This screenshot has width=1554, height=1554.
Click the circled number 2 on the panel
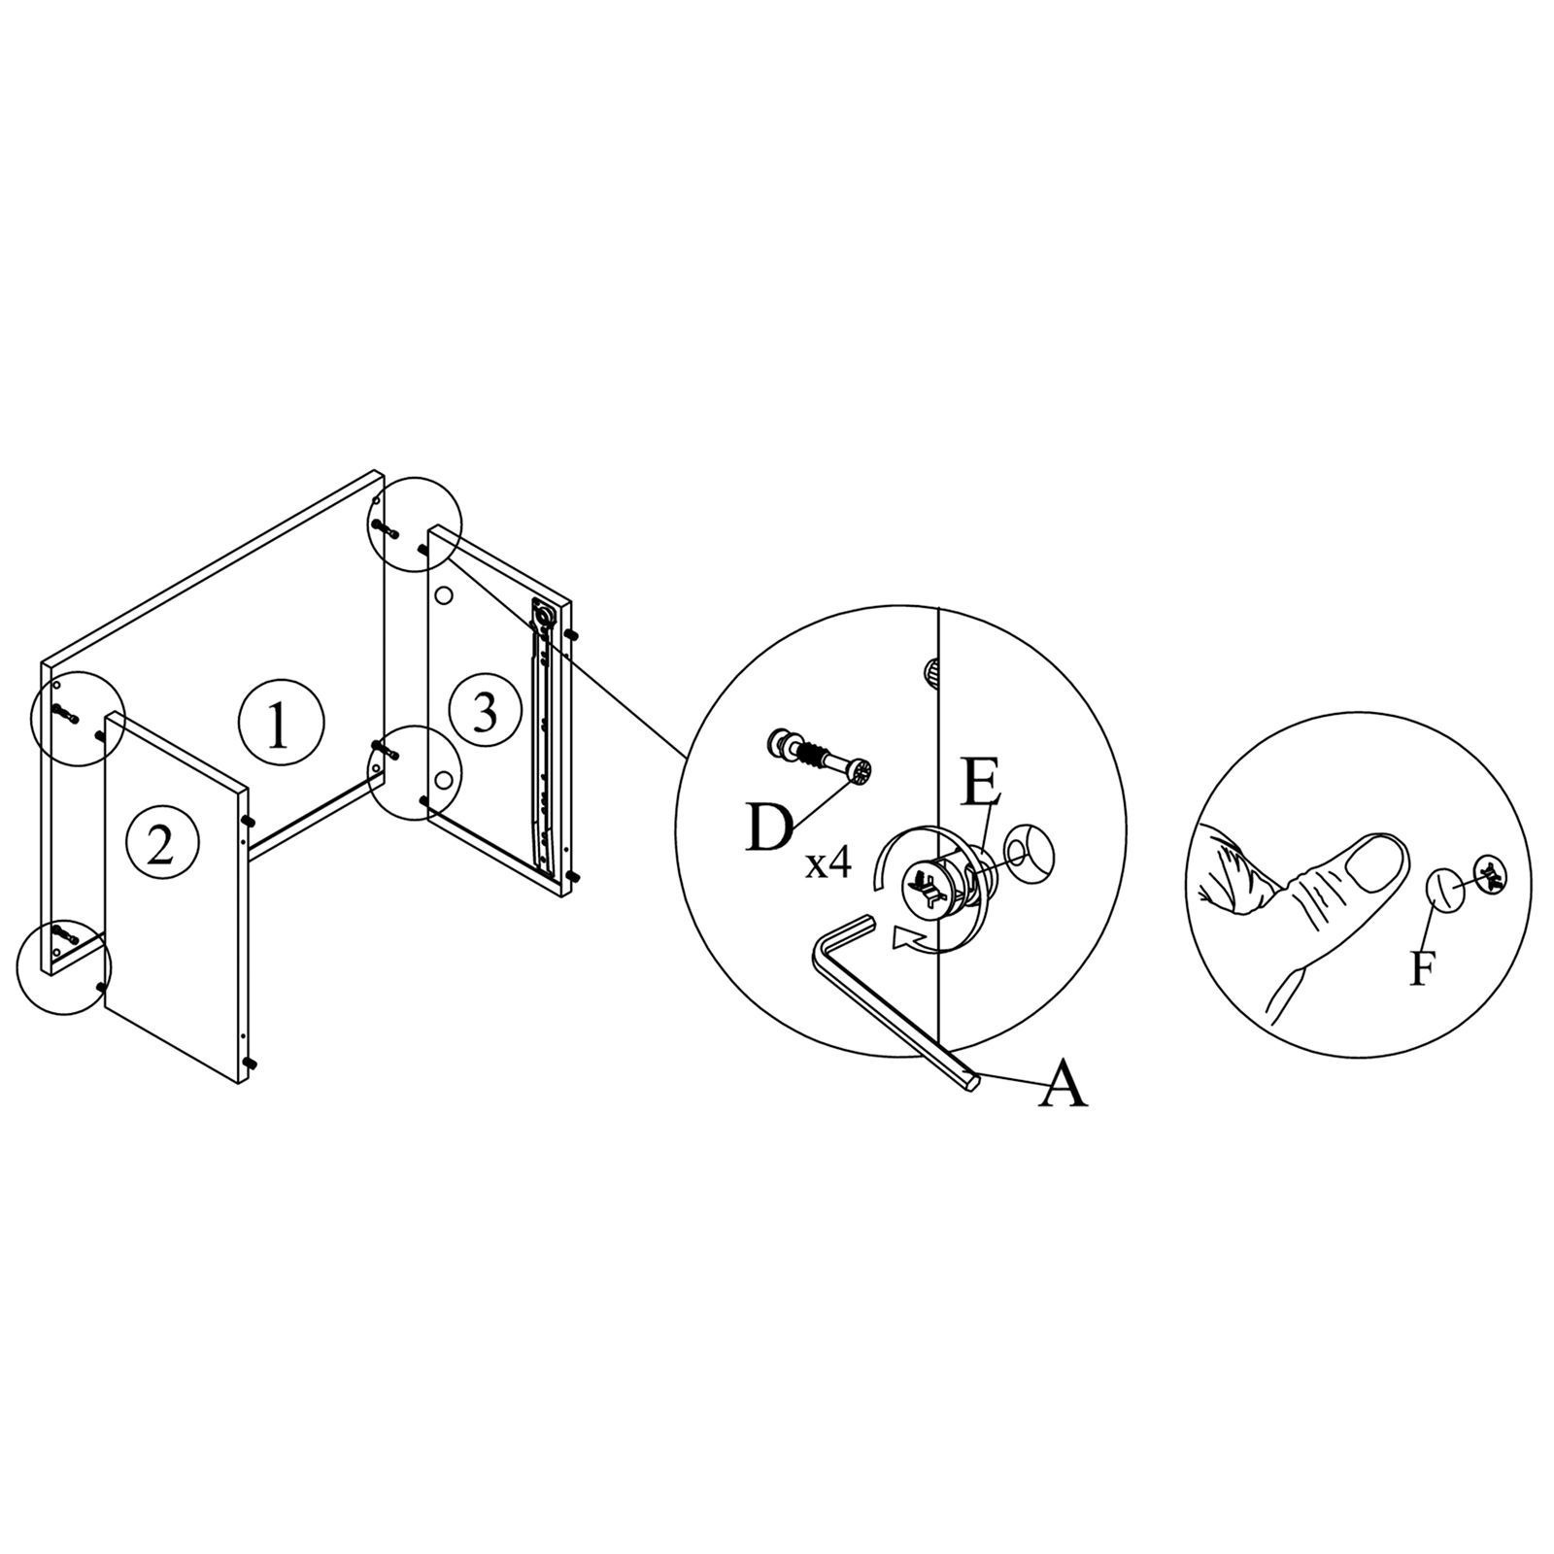coord(161,846)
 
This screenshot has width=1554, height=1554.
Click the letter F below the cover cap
coord(1422,968)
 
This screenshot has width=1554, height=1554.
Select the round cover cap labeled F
coord(1445,891)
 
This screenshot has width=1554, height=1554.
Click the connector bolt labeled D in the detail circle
coord(821,756)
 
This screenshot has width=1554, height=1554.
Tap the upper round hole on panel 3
coord(445,592)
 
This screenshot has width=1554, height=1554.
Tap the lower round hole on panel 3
coord(444,779)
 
